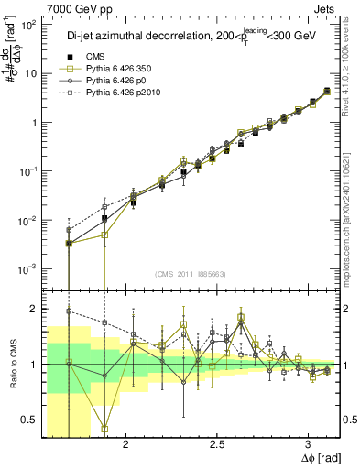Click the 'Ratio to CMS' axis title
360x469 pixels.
tap(12, 364)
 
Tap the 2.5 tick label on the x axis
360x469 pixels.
tap(217, 445)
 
